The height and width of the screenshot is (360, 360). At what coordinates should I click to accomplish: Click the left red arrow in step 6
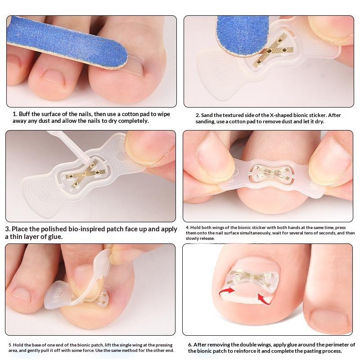click(227, 292)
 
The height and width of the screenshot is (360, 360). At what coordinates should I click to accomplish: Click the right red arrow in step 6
click(265, 298)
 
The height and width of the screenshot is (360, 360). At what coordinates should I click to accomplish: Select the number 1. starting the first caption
click(15, 114)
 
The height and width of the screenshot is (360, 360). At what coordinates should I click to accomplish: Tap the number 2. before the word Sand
click(198, 115)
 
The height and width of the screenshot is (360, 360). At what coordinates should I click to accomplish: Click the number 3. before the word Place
click(8, 229)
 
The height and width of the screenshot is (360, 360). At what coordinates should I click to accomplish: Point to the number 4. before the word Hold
click(188, 228)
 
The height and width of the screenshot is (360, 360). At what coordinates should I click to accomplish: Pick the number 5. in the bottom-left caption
click(10, 345)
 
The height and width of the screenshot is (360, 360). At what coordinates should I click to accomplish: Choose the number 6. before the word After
click(190, 345)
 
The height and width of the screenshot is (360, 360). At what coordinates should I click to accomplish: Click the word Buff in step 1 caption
click(24, 114)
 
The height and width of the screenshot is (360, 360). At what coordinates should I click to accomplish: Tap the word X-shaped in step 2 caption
click(280, 115)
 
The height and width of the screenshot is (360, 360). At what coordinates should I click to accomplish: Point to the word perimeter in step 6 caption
click(340, 345)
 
